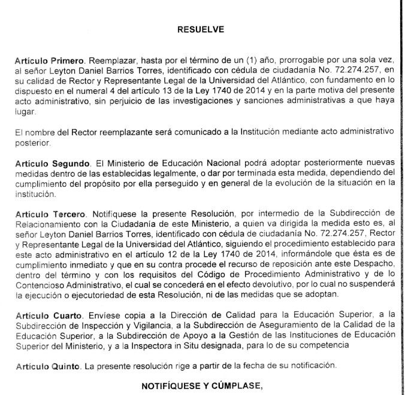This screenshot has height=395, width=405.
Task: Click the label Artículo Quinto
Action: (41, 364)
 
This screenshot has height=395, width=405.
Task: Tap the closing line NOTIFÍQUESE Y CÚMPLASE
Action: (202, 385)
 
